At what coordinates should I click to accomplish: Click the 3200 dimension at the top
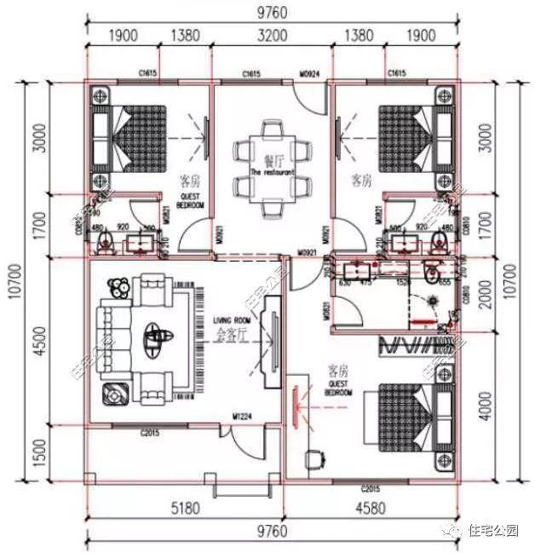pos(272,37)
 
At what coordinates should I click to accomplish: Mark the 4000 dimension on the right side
pos(508,405)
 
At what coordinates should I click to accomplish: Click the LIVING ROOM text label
pos(230,320)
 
